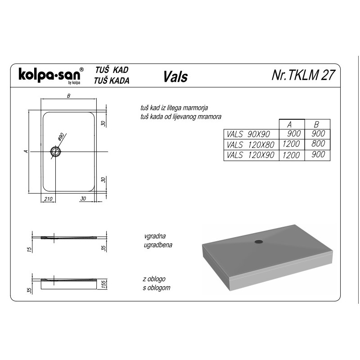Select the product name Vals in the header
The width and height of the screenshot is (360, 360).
pyautogui.click(x=175, y=76)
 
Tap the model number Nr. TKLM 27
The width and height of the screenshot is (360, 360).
pyautogui.click(x=303, y=75)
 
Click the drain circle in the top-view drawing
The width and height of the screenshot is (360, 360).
pyautogui.click(x=55, y=152)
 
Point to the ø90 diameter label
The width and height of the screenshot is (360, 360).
pyautogui.click(x=61, y=137)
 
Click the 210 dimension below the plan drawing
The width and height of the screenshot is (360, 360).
pyautogui.click(x=48, y=199)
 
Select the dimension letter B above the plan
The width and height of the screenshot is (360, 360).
pyautogui.click(x=69, y=96)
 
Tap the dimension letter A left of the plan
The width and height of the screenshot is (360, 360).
pyautogui.click(x=26, y=151)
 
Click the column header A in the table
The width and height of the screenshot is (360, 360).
pyautogui.click(x=289, y=125)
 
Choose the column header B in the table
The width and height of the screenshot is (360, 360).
pyautogui.click(x=316, y=125)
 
